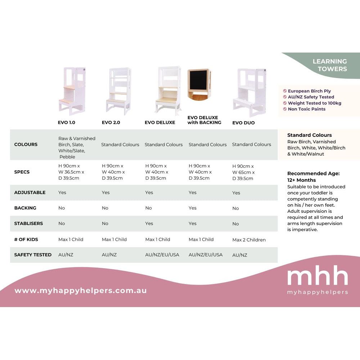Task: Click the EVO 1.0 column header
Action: click(66, 122)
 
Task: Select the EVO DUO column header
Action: click(243, 123)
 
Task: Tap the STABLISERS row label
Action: click(28, 224)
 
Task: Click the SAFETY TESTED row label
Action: click(33, 255)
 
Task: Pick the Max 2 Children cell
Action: click(249, 240)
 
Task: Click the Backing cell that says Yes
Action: click(192, 208)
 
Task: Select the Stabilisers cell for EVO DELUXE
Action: click(149, 224)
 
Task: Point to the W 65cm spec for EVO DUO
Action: click(243, 172)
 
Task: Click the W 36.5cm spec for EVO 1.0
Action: click(71, 172)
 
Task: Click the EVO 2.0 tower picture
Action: click(119, 91)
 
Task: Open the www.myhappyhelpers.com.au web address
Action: click(81, 291)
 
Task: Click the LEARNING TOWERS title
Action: click(330, 65)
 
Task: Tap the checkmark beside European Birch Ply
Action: click(285, 91)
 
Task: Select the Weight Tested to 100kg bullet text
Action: click(315, 103)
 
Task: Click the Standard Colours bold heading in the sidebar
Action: click(310, 135)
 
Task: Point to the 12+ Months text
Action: click(301, 180)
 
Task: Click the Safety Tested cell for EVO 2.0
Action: click(109, 255)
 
